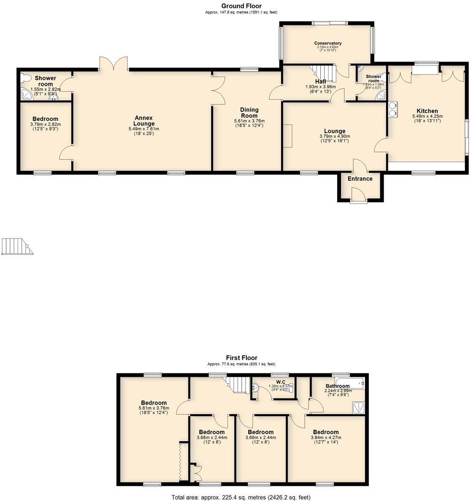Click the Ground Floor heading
tap(241, 6)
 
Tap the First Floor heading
tap(241, 358)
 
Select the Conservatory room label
tap(328, 43)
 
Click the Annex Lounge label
tap(143, 121)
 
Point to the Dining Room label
tap(249, 113)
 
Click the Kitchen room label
tap(427, 111)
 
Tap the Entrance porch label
tap(360, 179)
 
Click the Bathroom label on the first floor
tap(337, 386)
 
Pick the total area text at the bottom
tap(241, 497)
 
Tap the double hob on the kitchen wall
tap(393, 110)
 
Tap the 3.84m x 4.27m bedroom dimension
tap(325, 438)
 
